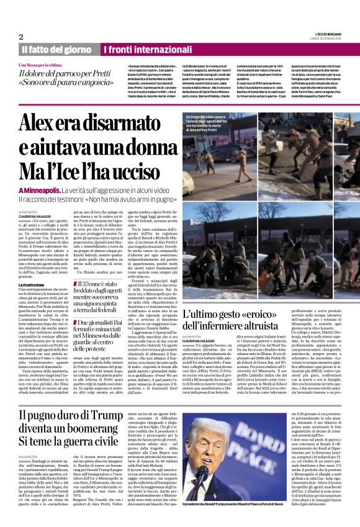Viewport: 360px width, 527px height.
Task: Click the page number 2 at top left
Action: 21,37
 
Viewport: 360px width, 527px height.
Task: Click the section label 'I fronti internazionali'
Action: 137,49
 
